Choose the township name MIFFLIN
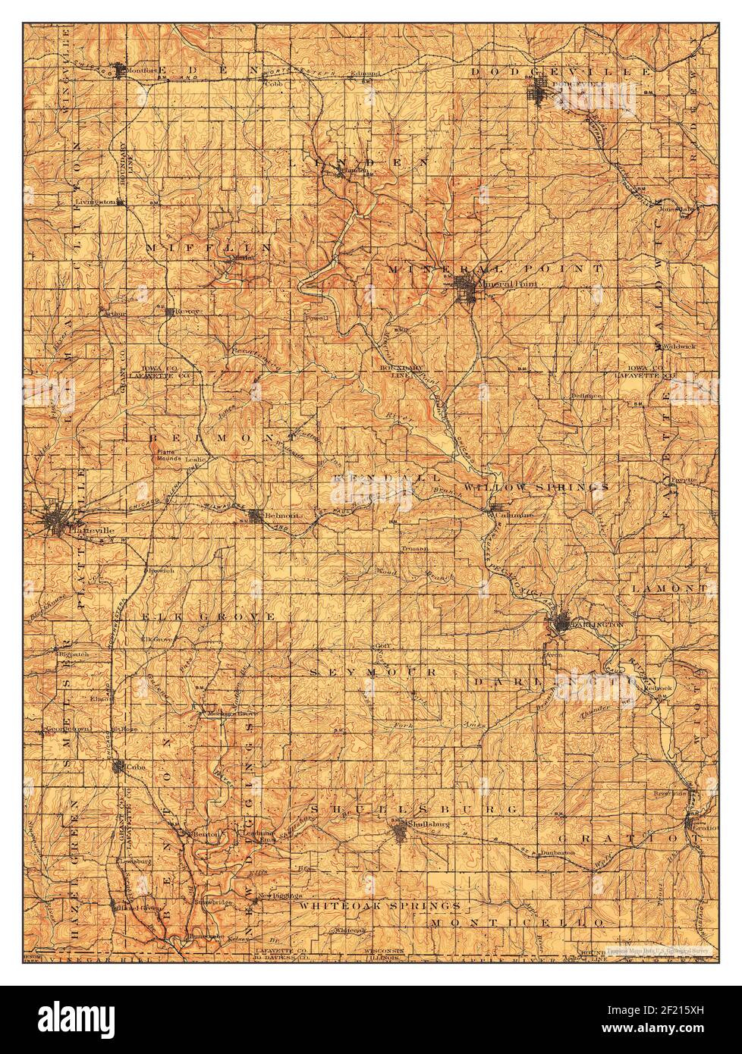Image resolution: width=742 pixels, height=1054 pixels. pyautogui.click(x=208, y=247)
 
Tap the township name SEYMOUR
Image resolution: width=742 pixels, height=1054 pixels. pyautogui.click(x=374, y=672)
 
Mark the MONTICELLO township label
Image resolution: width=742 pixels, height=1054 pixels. pyautogui.click(x=518, y=921)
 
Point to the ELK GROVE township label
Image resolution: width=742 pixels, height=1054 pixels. pyautogui.click(x=209, y=617)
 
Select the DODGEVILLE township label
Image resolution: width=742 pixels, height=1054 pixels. pyautogui.click(x=561, y=71)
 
